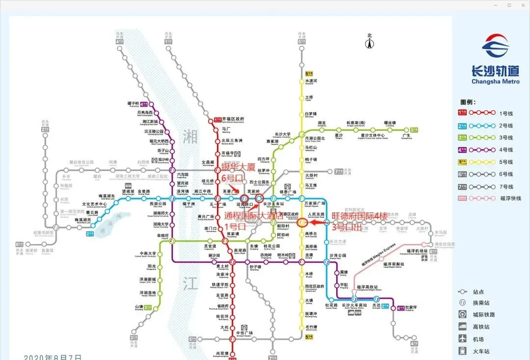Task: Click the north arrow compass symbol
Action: coord(370,42)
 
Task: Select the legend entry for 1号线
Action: coord(506,113)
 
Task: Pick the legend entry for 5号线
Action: coord(506,162)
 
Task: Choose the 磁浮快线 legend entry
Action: coord(511,198)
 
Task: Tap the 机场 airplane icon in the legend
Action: coord(462,339)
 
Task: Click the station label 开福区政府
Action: coord(233,119)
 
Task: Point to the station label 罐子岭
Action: coord(133,103)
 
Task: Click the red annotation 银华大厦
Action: coord(238,168)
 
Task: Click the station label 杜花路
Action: coord(331,305)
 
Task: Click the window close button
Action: coord(521,5)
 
